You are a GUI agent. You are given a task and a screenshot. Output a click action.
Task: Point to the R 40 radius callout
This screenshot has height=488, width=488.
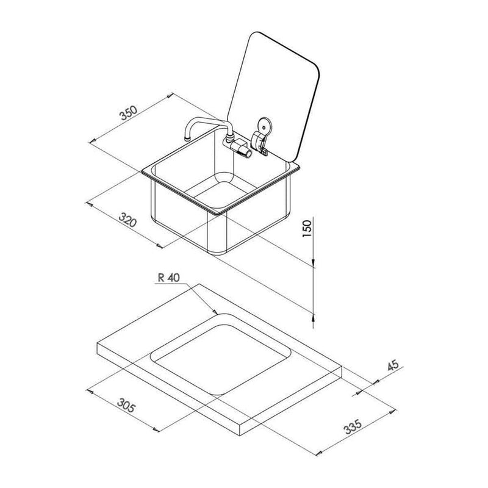coord(167,278)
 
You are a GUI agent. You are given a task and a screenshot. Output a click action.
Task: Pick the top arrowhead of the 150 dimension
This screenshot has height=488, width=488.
coord(314,265)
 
